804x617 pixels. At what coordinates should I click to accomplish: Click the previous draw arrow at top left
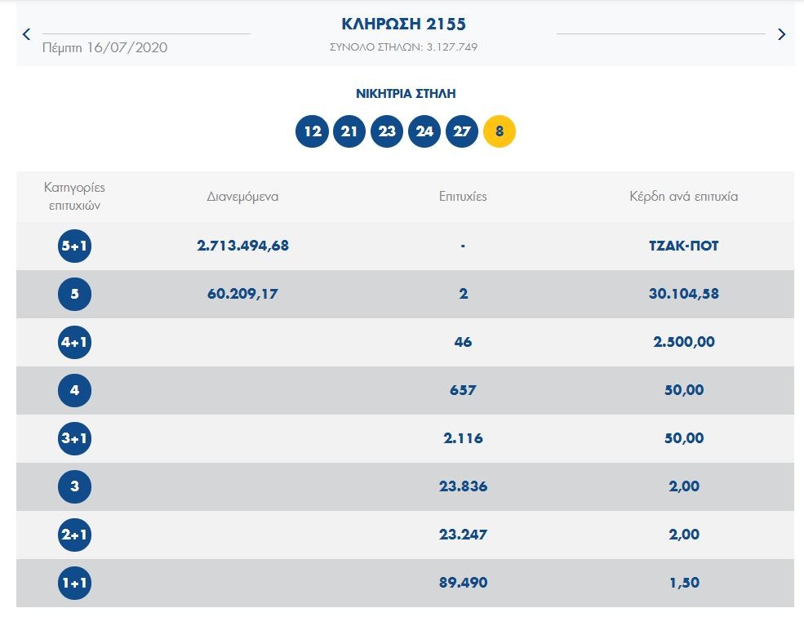pyautogui.click(x=26, y=34)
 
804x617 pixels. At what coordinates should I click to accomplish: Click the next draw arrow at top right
pyautogui.click(x=781, y=34)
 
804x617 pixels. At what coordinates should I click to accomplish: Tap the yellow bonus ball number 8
pyautogui.click(x=500, y=131)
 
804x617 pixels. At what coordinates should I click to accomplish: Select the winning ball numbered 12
pyautogui.click(x=312, y=131)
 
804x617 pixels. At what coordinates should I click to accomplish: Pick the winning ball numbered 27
pyautogui.click(x=462, y=131)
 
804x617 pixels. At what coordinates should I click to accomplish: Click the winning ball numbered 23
pyautogui.click(x=387, y=131)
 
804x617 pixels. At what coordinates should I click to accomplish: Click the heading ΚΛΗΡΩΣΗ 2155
pyautogui.click(x=404, y=24)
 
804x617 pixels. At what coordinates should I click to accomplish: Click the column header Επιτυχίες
pyautogui.click(x=463, y=197)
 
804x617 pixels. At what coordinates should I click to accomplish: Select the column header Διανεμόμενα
pyautogui.click(x=242, y=197)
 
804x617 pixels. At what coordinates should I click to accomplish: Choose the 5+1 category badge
pyautogui.click(x=74, y=246)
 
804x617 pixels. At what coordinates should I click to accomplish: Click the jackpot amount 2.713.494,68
pyautogui.click(x=242, y=246)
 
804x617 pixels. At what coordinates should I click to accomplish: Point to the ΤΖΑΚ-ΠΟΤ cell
pyautogui.click(x=683, y=246)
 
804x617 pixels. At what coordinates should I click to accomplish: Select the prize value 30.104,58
pyautogui.click(x=683, y=294)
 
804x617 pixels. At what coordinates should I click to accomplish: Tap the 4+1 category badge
pyautogui.click(x=74, y=342)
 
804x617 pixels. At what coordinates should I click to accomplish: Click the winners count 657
pyautogui.click(x=463, y=390)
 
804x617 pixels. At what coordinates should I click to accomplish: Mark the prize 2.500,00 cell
pyautogui.click(x=683, y=342)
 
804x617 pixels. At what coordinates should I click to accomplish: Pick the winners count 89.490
pyautogui.click(x=463, y=583)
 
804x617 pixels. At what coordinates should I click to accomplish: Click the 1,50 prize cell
pyautogui.click(x=683, y=583)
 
